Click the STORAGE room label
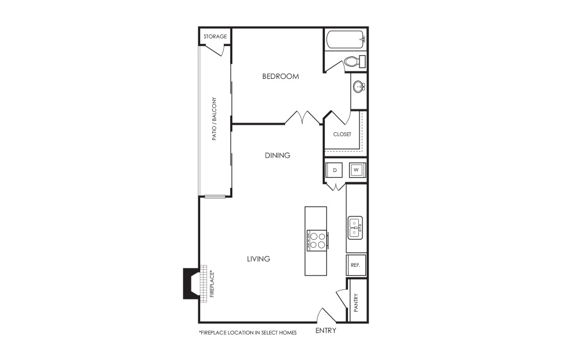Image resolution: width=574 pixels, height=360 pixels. pos(215,37)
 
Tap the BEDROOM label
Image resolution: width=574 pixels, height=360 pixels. pos(281,76)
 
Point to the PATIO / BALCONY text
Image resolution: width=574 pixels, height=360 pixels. pos(215,118)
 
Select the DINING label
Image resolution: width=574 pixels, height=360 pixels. pos(277,155)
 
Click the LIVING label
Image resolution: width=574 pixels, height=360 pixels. pos(258,259)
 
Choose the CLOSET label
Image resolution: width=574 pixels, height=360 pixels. pos(342,134)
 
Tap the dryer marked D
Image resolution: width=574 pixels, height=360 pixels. pos(335,170)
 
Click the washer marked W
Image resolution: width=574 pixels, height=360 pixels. pos(357,170)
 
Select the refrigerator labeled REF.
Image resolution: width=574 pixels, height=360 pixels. pos(356,265)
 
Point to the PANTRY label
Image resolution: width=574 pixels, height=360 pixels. pos(356,302)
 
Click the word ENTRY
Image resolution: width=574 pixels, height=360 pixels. pos(326,331)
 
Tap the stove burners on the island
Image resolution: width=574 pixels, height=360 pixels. pos(317,240)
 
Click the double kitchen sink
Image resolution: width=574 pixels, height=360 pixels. pos(355,228)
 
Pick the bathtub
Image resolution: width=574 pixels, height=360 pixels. pos(346,40)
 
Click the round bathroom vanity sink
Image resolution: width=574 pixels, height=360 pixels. pos(359,87)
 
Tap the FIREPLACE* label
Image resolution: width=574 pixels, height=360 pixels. pos(212,284)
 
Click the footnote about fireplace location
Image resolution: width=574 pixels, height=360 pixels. pos(248,333)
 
